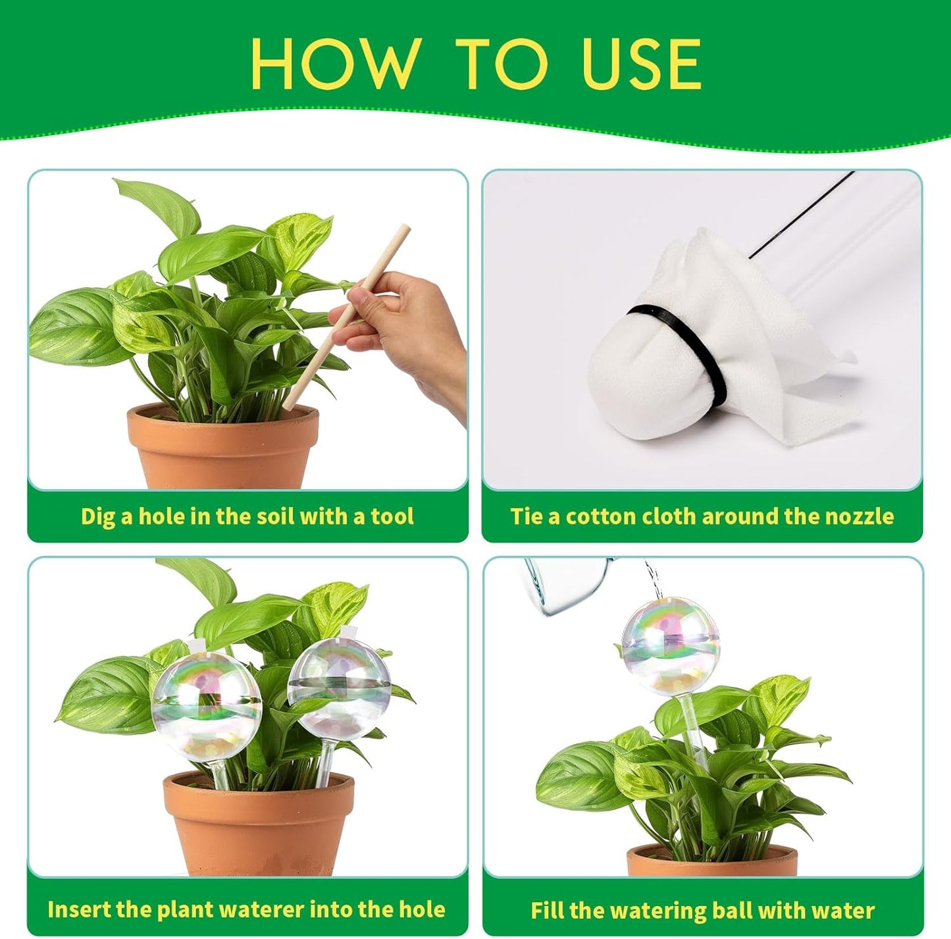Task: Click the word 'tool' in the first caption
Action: pyautogui.click(x=392, y=516)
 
